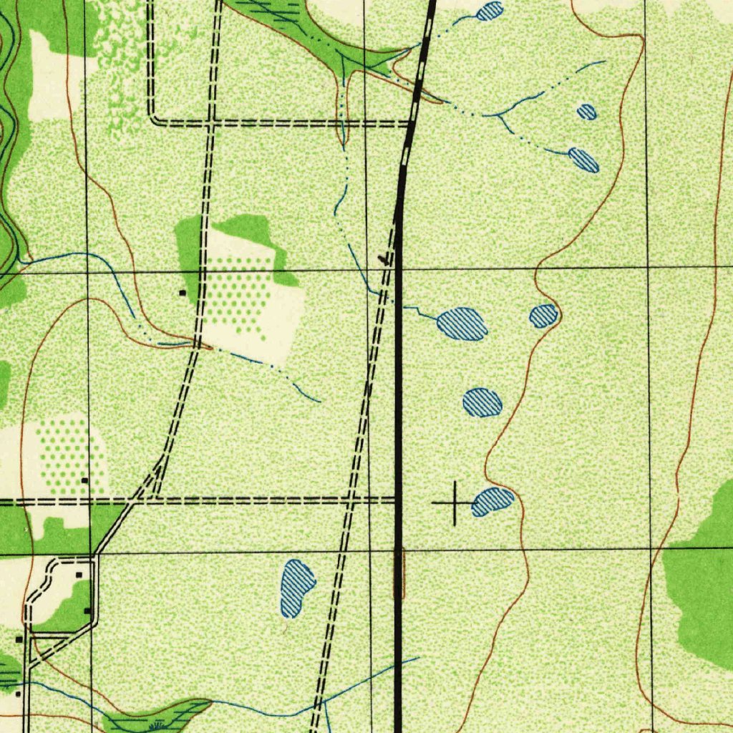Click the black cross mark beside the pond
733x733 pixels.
point(455,503)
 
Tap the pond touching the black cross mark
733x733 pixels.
point(493,500)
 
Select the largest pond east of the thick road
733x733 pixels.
point(462,324)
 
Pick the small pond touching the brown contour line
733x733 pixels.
point(544,316)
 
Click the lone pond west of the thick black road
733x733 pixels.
point(297,587)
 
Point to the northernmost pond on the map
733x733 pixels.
point(490,11)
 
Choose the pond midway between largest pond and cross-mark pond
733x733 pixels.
point(482,402)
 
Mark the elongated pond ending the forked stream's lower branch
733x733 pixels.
point(583,160)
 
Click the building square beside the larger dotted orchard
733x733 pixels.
point(182,293)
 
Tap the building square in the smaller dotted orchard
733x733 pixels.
point(84,480)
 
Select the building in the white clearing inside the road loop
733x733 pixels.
point(79,574)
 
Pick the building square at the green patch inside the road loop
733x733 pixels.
point(87,611)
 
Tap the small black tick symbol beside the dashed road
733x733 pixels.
point(387,259)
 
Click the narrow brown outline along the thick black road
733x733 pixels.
point(399,573)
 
